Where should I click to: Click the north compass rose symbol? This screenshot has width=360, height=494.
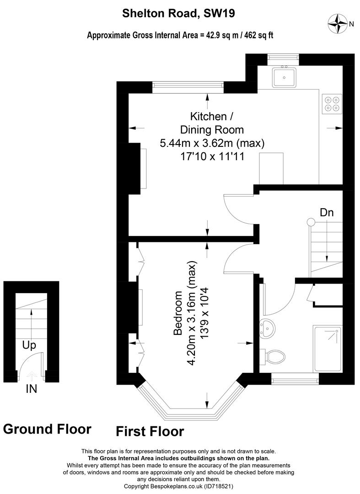point(337,23)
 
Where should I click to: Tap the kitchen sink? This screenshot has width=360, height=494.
point(284,77)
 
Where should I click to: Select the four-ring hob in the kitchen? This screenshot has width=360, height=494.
point(332,104)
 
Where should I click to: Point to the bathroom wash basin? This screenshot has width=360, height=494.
point(267,328)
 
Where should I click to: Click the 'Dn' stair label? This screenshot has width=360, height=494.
point(327,213)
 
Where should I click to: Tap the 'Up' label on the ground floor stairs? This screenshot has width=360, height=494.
point(29,346)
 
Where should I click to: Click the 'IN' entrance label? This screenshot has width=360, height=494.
point(32,389)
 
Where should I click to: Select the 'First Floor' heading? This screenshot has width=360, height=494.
point(150,431)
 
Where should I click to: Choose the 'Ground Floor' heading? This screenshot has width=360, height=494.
point(47,429)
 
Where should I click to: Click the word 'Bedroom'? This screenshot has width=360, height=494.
point(178,313)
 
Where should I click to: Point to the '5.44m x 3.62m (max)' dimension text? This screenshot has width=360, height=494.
point(212,143)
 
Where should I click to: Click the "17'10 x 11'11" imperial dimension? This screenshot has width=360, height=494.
point(212,156)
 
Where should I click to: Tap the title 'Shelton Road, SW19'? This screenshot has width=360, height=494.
point(178,13)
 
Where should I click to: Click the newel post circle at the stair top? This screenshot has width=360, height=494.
point(311,222)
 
